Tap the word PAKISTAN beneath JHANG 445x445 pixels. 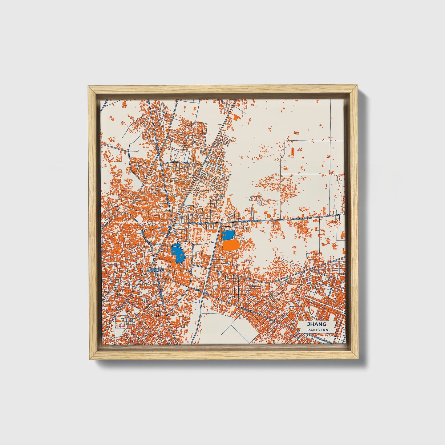(x=317, y=330)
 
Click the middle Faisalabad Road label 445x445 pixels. (x=250, y=221)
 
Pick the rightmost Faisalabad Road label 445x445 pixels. (x=302, y=218)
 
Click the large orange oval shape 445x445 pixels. (x=230, y=245)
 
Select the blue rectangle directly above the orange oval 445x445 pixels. (x=228, y=235)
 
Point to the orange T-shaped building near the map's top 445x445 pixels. (x=236, y=117)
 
